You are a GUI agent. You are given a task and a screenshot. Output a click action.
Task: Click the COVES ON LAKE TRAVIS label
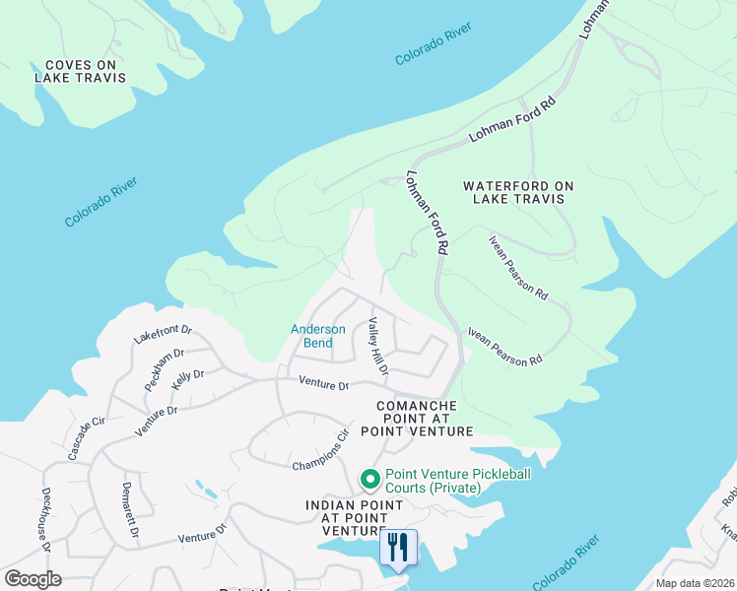click(81, 71)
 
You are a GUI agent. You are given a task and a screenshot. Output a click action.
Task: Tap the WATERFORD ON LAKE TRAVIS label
click(518, 192)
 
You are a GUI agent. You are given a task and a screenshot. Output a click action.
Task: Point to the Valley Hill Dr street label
click(377, 346)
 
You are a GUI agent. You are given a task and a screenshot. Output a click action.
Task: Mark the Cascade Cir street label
click(86, 439)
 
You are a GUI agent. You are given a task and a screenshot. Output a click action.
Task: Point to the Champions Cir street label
click(321, 449)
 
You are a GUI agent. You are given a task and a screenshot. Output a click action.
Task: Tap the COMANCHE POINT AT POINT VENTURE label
click(417, 419)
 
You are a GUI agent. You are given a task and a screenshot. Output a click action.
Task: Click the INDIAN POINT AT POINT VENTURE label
click(354, 518)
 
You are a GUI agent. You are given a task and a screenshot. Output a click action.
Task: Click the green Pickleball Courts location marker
click(370, 480)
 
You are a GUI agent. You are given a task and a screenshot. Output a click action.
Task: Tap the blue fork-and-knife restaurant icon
click(398, 548)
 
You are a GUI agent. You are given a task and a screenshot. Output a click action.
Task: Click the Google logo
click(33, 579)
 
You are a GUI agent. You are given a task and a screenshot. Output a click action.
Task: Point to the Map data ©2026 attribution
click(695, 583)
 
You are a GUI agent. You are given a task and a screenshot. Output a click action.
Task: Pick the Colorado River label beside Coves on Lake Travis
click(100, 202)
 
